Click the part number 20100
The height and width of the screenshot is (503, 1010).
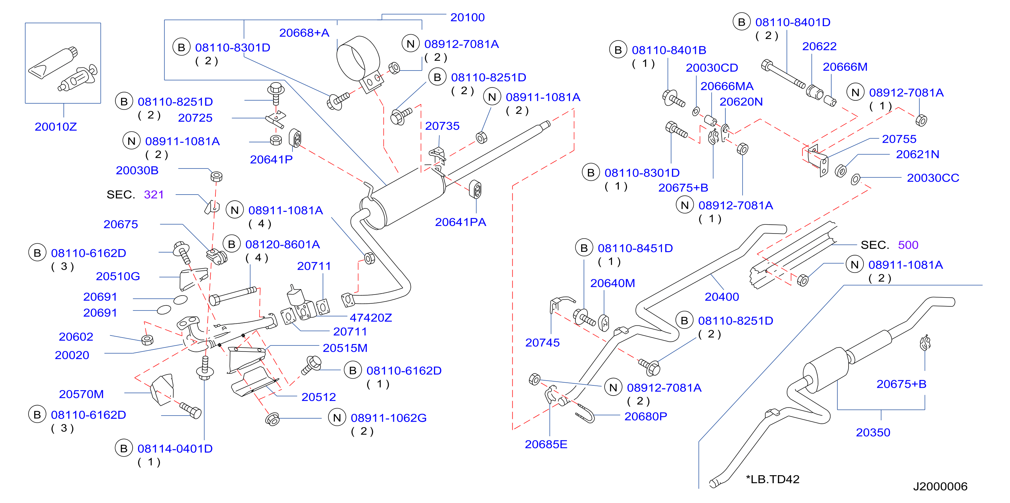point(468,17)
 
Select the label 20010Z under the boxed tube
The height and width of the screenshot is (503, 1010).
point(56,126)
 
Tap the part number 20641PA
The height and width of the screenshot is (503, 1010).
point(460,222)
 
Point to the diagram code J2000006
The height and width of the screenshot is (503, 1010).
point(940,486)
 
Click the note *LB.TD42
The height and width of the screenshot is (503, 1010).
point(773,479)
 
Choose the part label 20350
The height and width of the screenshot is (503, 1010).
point(873,432)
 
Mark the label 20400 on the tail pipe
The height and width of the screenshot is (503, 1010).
point(722,297)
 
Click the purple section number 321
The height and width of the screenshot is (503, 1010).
point(154,194)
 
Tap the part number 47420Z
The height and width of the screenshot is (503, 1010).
point(370,318)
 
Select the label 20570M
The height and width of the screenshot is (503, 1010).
point(81,394)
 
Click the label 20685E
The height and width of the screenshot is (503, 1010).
point(546,444)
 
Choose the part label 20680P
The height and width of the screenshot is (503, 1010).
point(645,417)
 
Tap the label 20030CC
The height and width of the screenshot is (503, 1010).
point(933,178)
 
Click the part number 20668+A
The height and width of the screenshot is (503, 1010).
point(304,33)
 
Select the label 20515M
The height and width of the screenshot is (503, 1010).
point(345,348)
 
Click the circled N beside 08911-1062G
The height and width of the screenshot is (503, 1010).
point(337,418)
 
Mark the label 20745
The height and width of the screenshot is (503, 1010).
point(542,343)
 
